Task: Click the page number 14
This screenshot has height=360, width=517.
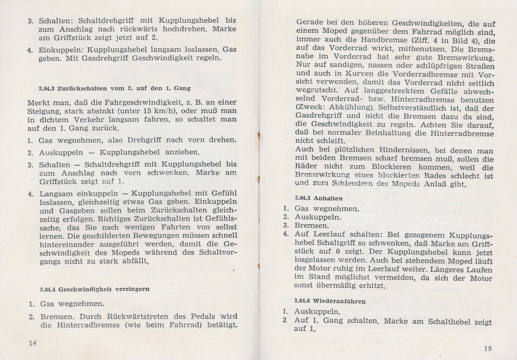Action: tap(33, 342)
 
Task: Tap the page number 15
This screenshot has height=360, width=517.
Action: tap(487, 348)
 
